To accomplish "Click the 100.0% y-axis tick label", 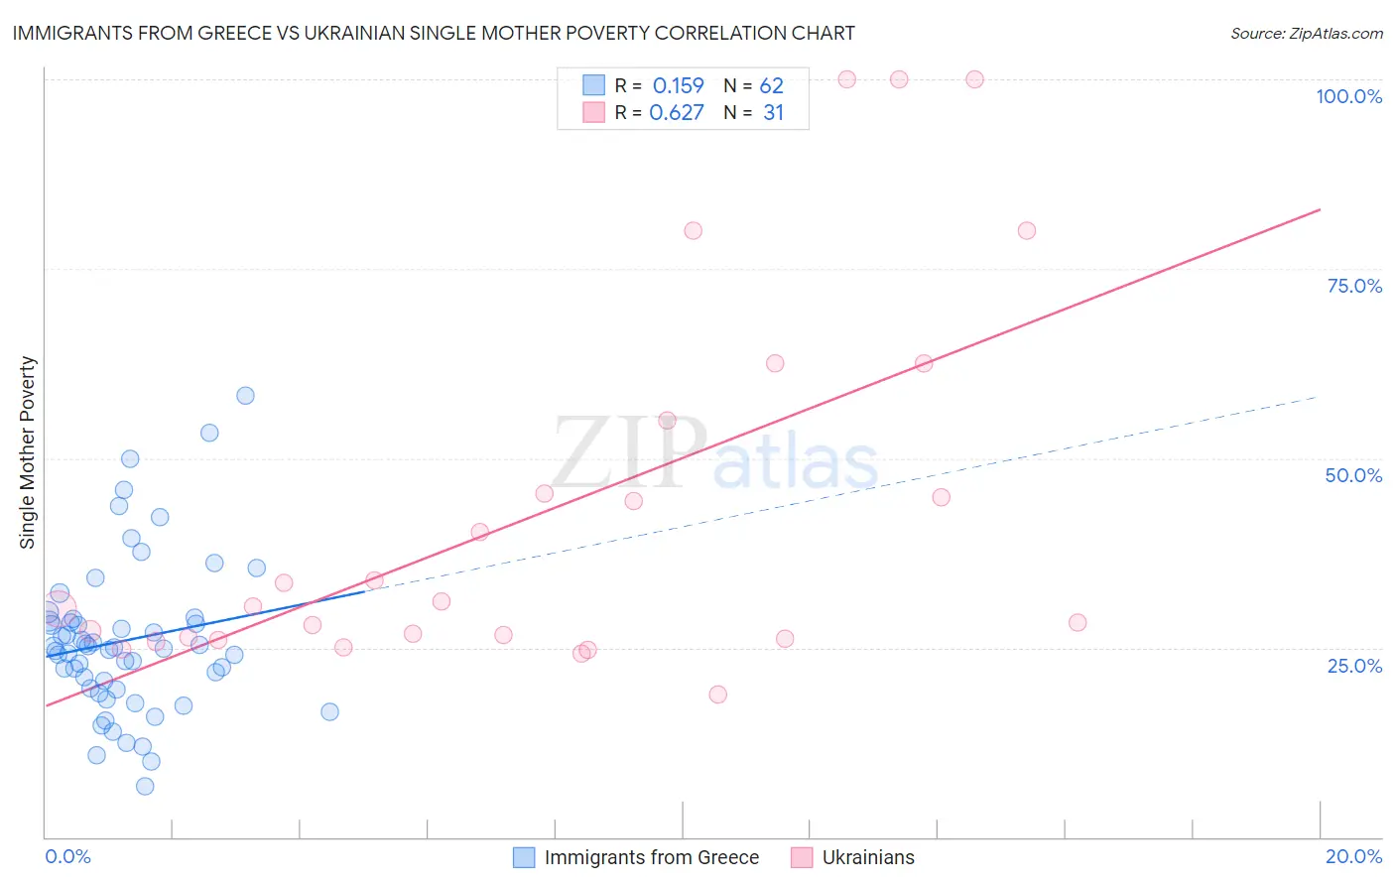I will (1348, 96).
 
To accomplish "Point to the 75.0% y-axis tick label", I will (1354, 286).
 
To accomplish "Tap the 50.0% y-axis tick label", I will (1353, 475).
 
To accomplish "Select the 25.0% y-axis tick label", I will (1354, 665).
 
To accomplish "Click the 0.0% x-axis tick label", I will (67, 856).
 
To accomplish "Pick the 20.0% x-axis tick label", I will (1353, 856).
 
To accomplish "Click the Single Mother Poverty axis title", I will (28, 452).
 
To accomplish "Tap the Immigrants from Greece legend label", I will (651, 857).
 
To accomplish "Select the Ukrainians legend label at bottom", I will (868, 857).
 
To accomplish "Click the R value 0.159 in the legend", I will (678, 86).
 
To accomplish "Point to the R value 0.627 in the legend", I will (677, 113).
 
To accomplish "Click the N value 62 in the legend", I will (771, 86).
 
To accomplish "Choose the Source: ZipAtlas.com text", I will (1306, 34).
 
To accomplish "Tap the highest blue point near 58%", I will (245, 396).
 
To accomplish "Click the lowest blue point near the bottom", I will (145, 786).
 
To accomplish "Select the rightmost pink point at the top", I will (974, 79).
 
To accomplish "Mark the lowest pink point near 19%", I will (717, 695).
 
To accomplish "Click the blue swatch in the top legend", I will (593, 85).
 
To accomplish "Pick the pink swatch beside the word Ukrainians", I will (802, 857).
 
